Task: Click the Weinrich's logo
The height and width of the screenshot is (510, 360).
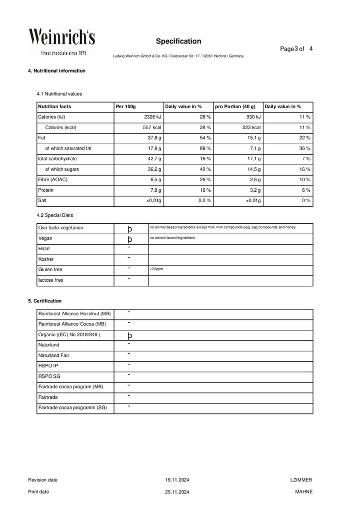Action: [x=61, y=42]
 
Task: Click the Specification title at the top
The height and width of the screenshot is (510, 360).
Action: [x=178, y=41]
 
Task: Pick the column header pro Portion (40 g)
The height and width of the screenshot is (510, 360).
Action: [x=235, y=107]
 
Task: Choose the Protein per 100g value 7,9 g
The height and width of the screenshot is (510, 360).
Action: [x=153, y=191]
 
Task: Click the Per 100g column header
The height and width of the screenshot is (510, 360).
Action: [x=125, y=107]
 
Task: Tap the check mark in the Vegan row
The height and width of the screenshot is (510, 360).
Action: [x=129, y=239]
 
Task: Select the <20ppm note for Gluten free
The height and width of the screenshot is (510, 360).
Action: [x=156, y=269]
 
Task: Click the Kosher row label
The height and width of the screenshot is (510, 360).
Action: [x=46, y=259]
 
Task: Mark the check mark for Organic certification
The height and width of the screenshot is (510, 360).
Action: [x=129, y=335]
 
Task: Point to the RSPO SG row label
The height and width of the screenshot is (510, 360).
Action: [x=49, y=376]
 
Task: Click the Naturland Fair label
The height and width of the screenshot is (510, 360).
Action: [x=54, y=355]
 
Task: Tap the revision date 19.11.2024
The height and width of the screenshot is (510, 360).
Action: [x=177, y=480]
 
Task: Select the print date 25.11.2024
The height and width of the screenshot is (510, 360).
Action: [x=177, y=492]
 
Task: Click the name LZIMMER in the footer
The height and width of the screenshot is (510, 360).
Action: [x=301, y=480]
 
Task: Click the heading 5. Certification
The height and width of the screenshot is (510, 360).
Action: [x=45, y=301]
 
